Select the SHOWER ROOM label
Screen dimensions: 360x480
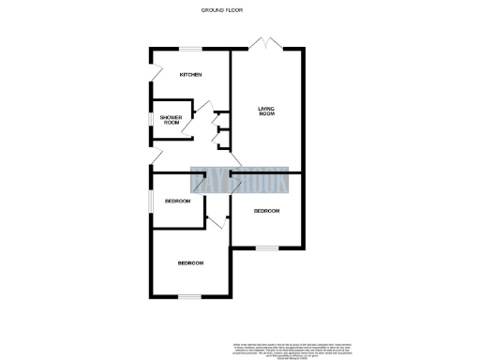(x=171, y=119)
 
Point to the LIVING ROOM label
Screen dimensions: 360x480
(x=267, y=113)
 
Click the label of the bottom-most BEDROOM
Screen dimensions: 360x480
(x=190, y=263)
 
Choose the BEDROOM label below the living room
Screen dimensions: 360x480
(x=267, y=211)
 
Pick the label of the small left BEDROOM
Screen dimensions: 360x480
(x=177, y=202)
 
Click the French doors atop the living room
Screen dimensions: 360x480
(x=266, y=43)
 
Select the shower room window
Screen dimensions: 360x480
(x=150, y=119)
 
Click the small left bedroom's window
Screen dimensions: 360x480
(x=150, y=201)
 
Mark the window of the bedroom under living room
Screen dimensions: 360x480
(x=267, y=247)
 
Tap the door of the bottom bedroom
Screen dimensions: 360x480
(x=216, y=221)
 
